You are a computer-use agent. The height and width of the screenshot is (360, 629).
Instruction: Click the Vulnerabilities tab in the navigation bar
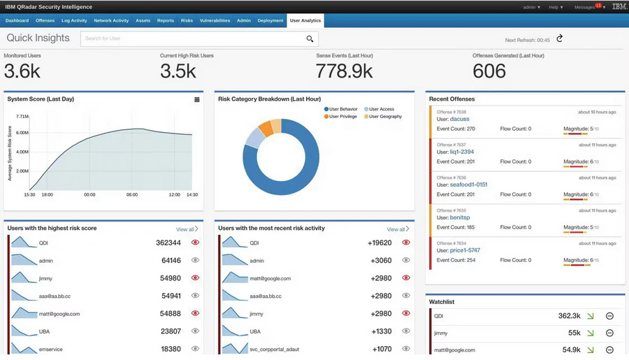pos(215,21)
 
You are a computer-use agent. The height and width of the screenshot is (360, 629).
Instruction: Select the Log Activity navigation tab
pos(74,21)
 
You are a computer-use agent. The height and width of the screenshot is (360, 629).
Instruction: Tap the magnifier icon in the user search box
pos(310,39)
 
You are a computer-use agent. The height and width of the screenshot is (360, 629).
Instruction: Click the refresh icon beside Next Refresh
pos(559,38)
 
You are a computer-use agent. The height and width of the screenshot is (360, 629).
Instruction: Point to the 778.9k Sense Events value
pos(344,71)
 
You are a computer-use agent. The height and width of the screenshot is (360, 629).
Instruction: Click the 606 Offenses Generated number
pos(489,71)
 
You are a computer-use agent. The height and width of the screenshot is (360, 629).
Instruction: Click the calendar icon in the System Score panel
pos(197,99)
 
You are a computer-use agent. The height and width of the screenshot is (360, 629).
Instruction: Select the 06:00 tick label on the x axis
pos(132,195)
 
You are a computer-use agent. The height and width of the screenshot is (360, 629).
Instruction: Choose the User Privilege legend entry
pos(342,116)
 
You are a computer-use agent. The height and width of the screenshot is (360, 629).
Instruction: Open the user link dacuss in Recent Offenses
pos(460,120)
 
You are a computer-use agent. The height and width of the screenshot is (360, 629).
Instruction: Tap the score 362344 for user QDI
pos(168,243)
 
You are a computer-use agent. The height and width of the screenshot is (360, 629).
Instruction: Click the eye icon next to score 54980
pos(195,278)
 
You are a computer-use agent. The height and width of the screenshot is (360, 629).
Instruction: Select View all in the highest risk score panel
pos(187,229)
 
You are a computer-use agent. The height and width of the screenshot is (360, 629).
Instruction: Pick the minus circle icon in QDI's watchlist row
pos(609,316)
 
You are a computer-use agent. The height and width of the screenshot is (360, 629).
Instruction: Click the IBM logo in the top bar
pos(619,7)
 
